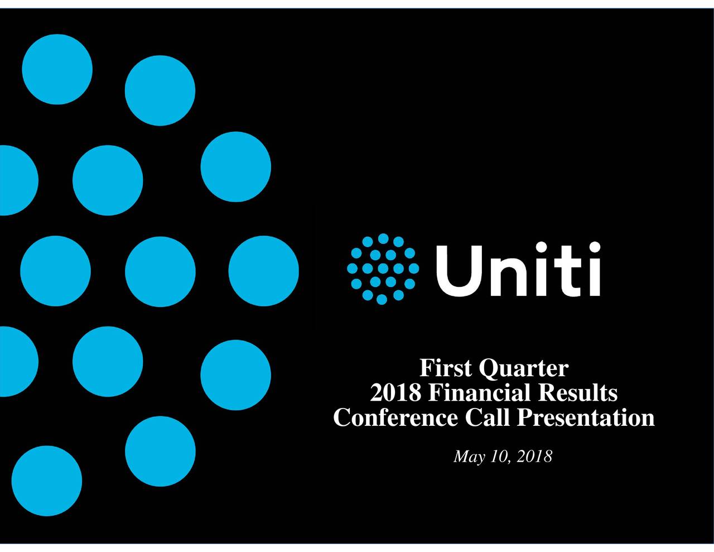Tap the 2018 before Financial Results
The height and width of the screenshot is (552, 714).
coord(395,393)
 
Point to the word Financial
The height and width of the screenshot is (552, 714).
coord(480,393)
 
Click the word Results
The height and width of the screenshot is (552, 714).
coord(578,393)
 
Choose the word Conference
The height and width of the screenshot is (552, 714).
coord(395,417)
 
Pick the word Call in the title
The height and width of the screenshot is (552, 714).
coord(487,417)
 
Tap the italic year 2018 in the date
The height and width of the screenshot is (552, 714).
coord(535,457)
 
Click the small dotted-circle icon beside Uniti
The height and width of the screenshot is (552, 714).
coord(382,268)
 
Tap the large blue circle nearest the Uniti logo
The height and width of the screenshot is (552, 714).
coord(263,271)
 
